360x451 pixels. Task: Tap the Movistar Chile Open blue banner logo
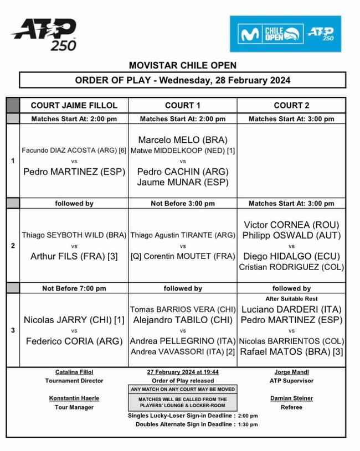tap(285, 34)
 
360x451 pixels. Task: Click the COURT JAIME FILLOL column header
tap(74, 105)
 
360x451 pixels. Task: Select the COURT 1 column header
tap(183, 105)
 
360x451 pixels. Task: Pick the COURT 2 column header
tap(291, 105)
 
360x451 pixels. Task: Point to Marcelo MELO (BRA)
tap(183, 139)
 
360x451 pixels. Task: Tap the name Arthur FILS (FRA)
tap(74, 256)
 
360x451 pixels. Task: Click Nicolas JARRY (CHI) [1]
tap(74, 320)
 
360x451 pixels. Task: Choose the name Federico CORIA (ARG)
tap(74, 341)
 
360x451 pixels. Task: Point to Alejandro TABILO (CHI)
tap(183, 320)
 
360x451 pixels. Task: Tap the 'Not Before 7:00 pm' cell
tap(74, 288)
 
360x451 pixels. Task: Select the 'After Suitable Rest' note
tap(291, 299)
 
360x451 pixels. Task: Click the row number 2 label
tap(13, 245)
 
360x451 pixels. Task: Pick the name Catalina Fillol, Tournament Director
tap(74, 372)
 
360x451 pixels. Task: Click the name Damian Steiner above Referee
tap(291, 398)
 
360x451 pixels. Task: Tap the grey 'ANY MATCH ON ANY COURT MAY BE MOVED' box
tap(183, 389)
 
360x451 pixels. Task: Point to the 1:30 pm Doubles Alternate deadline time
tap(248, 424)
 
